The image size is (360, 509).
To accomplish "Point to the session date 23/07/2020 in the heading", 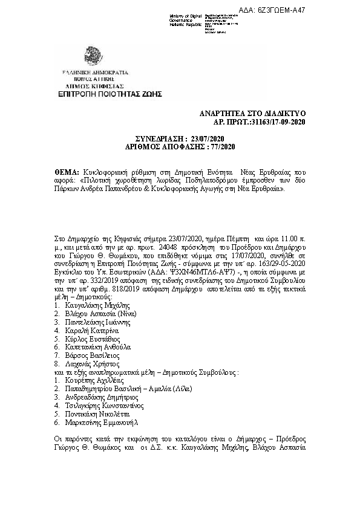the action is click(x=209, y=139).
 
